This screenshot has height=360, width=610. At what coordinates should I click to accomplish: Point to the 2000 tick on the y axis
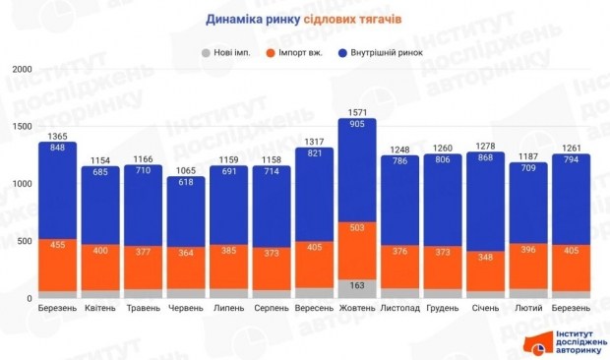(23, 69)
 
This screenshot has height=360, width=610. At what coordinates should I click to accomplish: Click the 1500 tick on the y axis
(23, 126)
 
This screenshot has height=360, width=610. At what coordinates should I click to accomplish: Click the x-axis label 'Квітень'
(100, 307)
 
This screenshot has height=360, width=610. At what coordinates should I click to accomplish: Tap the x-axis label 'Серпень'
(271, 307)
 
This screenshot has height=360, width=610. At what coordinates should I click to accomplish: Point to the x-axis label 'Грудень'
(442, 307)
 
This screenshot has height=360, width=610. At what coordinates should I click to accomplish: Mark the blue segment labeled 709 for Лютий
(527, 203)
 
